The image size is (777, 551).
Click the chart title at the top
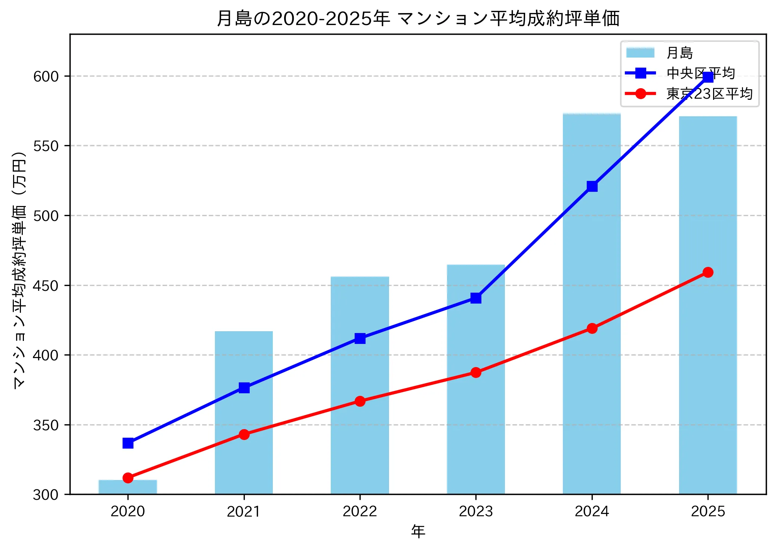pos(418,18)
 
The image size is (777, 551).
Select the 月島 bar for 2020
pos(128,487)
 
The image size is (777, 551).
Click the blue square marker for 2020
pos(128,443)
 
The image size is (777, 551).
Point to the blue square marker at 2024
pos(592,186)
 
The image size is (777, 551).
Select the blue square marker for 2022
pos(360,338)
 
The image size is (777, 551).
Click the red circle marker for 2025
pos(708,272)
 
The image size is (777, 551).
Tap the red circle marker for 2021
pos(244,434)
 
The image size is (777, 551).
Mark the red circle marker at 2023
pos(476,372)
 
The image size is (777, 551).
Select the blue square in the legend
pos(641,73)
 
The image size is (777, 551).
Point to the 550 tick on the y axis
pos(46,146)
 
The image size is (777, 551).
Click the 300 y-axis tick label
pos(46,495)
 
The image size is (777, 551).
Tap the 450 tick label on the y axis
pos(46,286)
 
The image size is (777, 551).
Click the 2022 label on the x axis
pos(360,511)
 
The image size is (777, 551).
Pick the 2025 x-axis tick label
pos(708,511)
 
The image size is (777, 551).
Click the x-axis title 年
pos(418,531)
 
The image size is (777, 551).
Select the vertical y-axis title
pos(19,270)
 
